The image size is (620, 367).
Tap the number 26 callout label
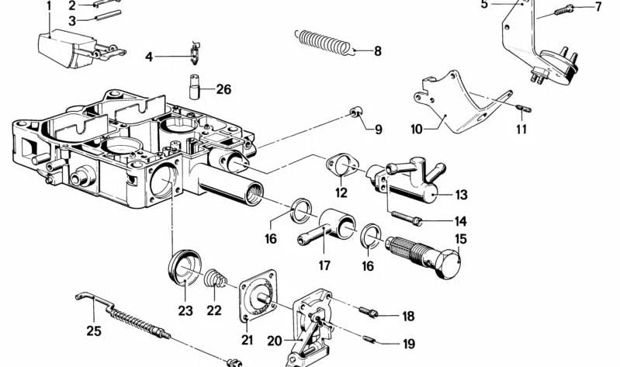(x=223, y=89)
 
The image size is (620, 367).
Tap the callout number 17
(x=324, y=266)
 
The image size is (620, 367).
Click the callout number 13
(x=461, y=195)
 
